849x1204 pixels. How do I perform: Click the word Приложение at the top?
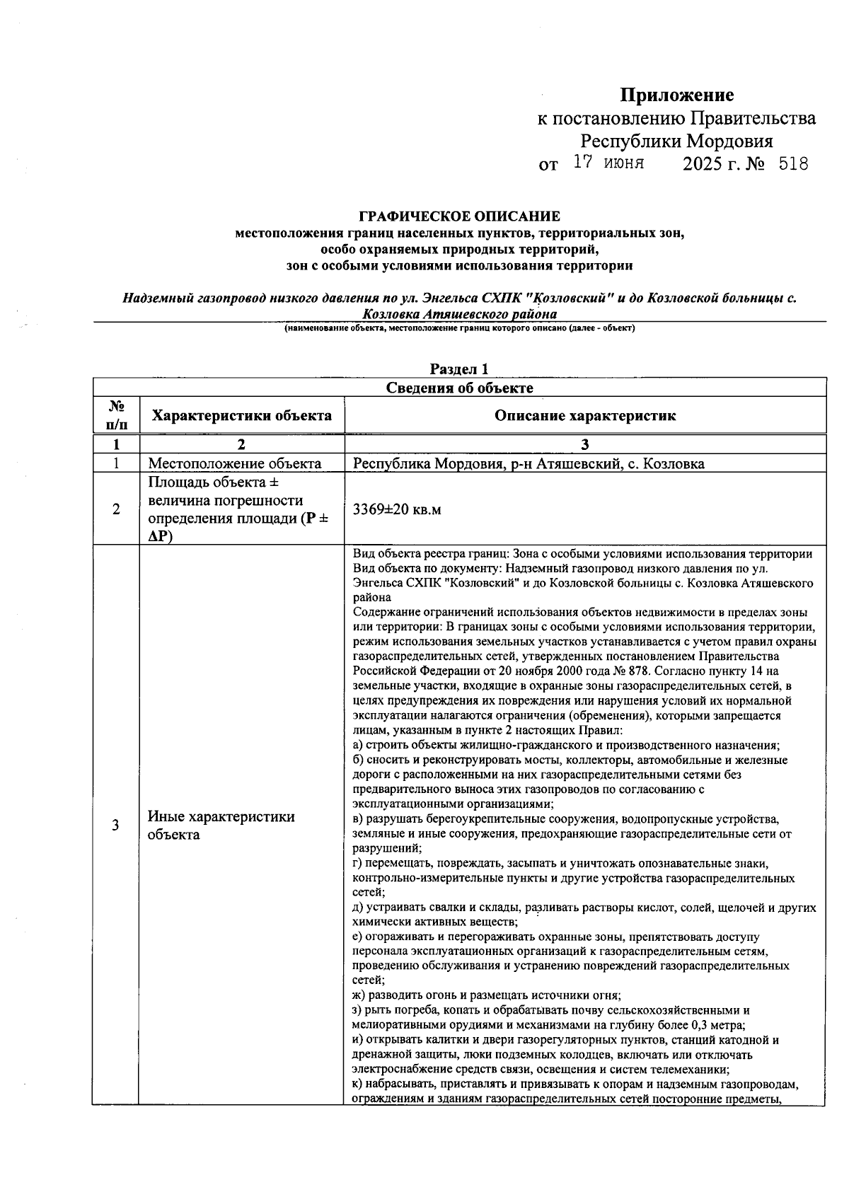(x=677, y=95)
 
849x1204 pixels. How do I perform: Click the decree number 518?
(x=792, y=165)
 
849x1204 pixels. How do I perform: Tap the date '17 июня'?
(x=608, y=163)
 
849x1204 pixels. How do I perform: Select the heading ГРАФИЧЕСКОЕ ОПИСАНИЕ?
(x=459, y=216)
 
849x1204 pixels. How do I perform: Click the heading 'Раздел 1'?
(x=459, y=369)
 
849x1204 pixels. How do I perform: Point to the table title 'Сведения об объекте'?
(x=459, y=388)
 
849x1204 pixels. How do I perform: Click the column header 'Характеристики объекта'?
(x=242, y=415)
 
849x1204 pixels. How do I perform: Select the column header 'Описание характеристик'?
(x=584, y=415)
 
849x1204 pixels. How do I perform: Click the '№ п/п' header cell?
(x=116, y=415)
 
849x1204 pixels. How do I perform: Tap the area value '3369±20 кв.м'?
(x=397, y=509)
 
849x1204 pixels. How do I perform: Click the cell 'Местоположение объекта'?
(x=234, y=464)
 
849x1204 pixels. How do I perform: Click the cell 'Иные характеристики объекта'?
(x=221, y=825)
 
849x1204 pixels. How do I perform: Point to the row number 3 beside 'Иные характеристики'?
(x=116, y=825)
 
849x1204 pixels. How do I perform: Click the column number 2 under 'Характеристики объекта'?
(x=242, y=444)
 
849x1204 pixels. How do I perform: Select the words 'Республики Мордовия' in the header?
(x=676, y=141)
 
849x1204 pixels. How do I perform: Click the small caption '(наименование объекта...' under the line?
(x=459, y=329)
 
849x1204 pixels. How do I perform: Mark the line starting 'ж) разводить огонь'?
(x=486, y=995)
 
